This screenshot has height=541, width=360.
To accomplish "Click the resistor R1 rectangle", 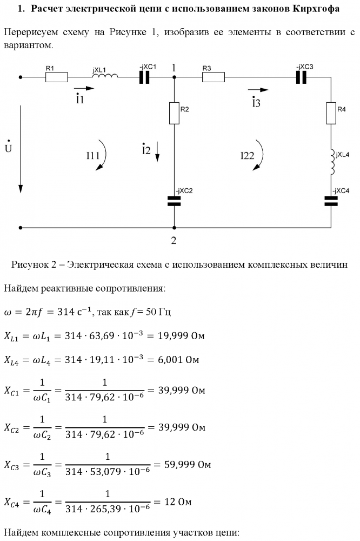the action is click(57, 77).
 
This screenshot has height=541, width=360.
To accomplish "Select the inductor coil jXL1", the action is click(105, 76).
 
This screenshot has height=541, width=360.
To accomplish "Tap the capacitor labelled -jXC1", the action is click(144, 77).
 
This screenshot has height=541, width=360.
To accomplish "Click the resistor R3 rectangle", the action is click(213, 77).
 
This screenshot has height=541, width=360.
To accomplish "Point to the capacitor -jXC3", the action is click(301, 77).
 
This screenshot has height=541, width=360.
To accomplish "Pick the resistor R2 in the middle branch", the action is click(174, 113).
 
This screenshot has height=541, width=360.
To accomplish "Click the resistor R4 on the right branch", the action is click(331, 113).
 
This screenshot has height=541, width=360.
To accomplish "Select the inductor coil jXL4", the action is click(332, 162).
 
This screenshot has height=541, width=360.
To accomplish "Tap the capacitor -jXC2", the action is click(174, 201).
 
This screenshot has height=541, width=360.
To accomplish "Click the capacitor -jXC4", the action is click(331, 201).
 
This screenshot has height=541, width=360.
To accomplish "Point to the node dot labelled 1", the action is click(174, 77).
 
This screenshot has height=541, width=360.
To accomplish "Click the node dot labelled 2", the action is click(174, 228).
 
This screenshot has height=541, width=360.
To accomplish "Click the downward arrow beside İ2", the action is click(157, 151).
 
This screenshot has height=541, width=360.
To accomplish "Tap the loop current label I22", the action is click(247, 156).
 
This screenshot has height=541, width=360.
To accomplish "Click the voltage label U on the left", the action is click(8, 147).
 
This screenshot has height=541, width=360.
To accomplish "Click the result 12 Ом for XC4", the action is click(178, 502).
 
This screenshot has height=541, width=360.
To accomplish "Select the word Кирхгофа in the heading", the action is click(316, 9).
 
